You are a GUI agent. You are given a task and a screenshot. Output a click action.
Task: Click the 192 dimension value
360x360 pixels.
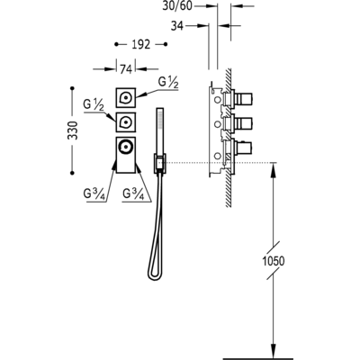[140, 44]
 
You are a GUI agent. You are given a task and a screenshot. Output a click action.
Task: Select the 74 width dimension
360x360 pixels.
[126, 69]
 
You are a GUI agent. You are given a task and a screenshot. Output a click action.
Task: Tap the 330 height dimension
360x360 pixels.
[73, 130]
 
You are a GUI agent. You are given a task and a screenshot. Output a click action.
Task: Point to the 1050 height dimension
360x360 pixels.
[274, 261]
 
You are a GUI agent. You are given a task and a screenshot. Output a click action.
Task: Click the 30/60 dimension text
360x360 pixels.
[177, 6]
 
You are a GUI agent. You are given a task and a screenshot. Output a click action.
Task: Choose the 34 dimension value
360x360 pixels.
[177, 26]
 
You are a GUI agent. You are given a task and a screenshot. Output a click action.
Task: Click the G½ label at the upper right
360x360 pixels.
[168, 83]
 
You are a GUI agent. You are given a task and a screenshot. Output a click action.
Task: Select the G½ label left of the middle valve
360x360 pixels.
[94, 105]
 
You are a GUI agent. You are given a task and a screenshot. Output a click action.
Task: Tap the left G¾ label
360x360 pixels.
[94, 194]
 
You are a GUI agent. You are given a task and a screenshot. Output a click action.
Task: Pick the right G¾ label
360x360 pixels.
[133, 194]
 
